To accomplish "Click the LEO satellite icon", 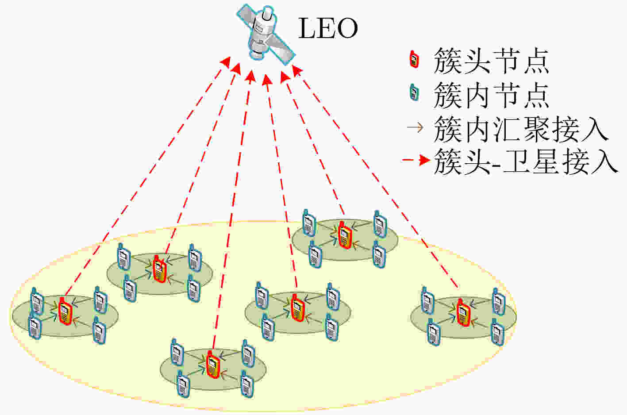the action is point(266,34).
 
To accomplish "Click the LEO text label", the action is point(328,28).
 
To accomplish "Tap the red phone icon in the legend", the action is point(414,59).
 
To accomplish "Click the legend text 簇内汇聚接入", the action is point(521,129).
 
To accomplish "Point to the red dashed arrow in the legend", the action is point(416,160).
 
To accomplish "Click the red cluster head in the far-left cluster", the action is point(65,311).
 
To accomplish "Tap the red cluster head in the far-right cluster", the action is point(463,312).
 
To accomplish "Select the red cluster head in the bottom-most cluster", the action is point(213,365).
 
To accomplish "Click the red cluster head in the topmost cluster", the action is point(345,235).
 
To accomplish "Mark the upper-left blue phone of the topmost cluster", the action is point(309,223).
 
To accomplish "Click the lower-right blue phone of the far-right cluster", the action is point(497,332).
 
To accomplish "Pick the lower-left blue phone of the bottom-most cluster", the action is point(184,384).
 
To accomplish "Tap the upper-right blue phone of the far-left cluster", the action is point(100,300).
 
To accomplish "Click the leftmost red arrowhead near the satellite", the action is point(226,61).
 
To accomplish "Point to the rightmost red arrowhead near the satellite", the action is point(297,70).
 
